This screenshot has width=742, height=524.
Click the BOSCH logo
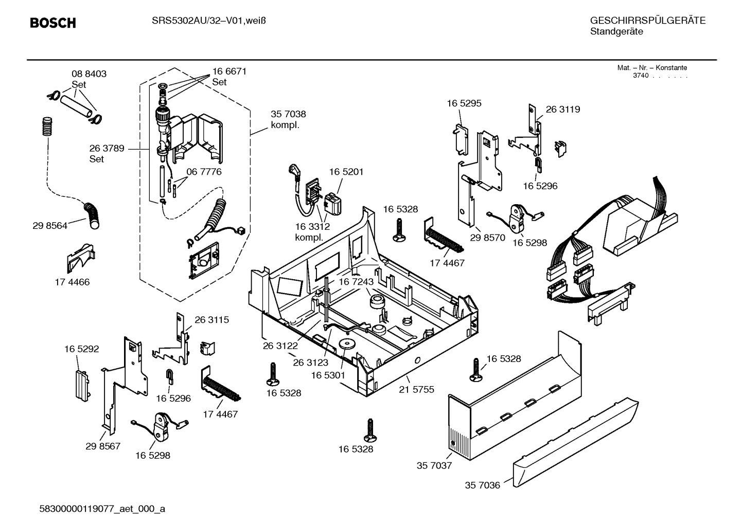pos(52,23)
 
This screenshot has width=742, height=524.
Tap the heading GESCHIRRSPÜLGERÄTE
pos(647,21)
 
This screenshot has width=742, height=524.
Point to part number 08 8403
pos(89,74)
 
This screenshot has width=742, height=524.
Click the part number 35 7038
pos(288,114)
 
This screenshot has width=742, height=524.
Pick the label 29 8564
pos(50,226)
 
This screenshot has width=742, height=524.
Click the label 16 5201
pos(346,172)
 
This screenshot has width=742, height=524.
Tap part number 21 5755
pos(416,389)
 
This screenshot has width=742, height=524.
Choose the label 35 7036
pos(482,485)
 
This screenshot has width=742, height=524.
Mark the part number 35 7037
pos(434,465)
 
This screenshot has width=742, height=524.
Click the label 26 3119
pos(562,110)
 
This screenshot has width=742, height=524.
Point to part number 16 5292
pos(81,349)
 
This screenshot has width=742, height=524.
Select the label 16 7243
pos(356,282)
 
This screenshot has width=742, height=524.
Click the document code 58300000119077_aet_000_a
pos(102,509)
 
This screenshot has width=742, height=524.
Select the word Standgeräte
pos(616,31)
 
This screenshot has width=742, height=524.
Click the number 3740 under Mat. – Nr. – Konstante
pos(640,76)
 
